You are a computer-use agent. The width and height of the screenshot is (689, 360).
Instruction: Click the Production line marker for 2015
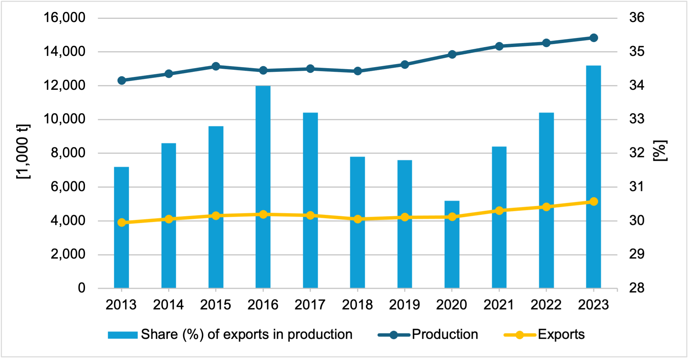[x=216, y=66]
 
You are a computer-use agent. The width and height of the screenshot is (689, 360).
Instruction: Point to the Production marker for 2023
[x=594, y=38]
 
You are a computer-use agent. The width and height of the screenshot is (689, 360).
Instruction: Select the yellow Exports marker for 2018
[x=358, y=219]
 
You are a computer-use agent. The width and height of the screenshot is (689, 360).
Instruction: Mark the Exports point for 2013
[x=122, y=223]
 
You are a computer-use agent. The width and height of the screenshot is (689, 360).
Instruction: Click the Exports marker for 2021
[x=499, y=211]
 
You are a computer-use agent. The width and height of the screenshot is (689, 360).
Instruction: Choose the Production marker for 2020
[x=452, y=55]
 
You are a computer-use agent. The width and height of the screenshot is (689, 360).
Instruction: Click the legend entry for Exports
[x=561, y=335]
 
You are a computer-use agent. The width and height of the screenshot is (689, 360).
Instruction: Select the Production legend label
[x=445, y=335]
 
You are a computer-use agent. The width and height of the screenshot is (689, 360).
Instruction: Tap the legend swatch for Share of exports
[x=123, y=335]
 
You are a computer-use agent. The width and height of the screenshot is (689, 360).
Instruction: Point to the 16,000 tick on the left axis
[x=64, y=18]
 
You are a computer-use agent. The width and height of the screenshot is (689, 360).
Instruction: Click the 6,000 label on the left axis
[x=68, y=187]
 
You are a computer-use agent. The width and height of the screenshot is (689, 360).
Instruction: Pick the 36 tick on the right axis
[x=637, y=18]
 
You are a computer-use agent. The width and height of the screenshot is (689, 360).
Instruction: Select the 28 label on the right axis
[x=637, y=288]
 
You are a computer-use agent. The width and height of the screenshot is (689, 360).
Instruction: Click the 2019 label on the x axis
[x=405, y=305]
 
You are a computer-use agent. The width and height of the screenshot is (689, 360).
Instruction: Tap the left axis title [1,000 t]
[x=23, y=151]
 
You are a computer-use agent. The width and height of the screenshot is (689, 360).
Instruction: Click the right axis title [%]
[x=660, y=151]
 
